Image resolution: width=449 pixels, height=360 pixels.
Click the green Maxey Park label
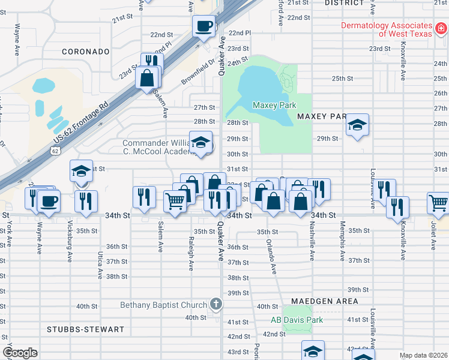(274, 105)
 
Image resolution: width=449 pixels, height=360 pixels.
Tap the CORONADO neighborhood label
(86, 52)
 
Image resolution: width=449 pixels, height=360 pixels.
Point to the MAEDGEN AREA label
(325, 301)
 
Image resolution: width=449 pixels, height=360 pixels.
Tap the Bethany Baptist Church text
(164, 305)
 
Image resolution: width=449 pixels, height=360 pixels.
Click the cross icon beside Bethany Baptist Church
(215, 305)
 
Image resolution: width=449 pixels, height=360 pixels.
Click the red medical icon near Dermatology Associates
(441, 27)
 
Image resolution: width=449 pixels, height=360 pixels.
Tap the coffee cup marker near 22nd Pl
(204, 26)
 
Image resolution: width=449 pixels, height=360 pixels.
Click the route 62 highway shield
(55, 151)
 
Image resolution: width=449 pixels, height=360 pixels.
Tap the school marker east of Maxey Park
(357, 125)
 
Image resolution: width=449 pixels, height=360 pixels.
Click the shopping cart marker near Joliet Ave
(438, 203)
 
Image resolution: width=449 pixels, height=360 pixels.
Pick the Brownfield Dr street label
(198, 72)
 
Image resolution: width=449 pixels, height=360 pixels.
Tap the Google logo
(20, 353)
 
